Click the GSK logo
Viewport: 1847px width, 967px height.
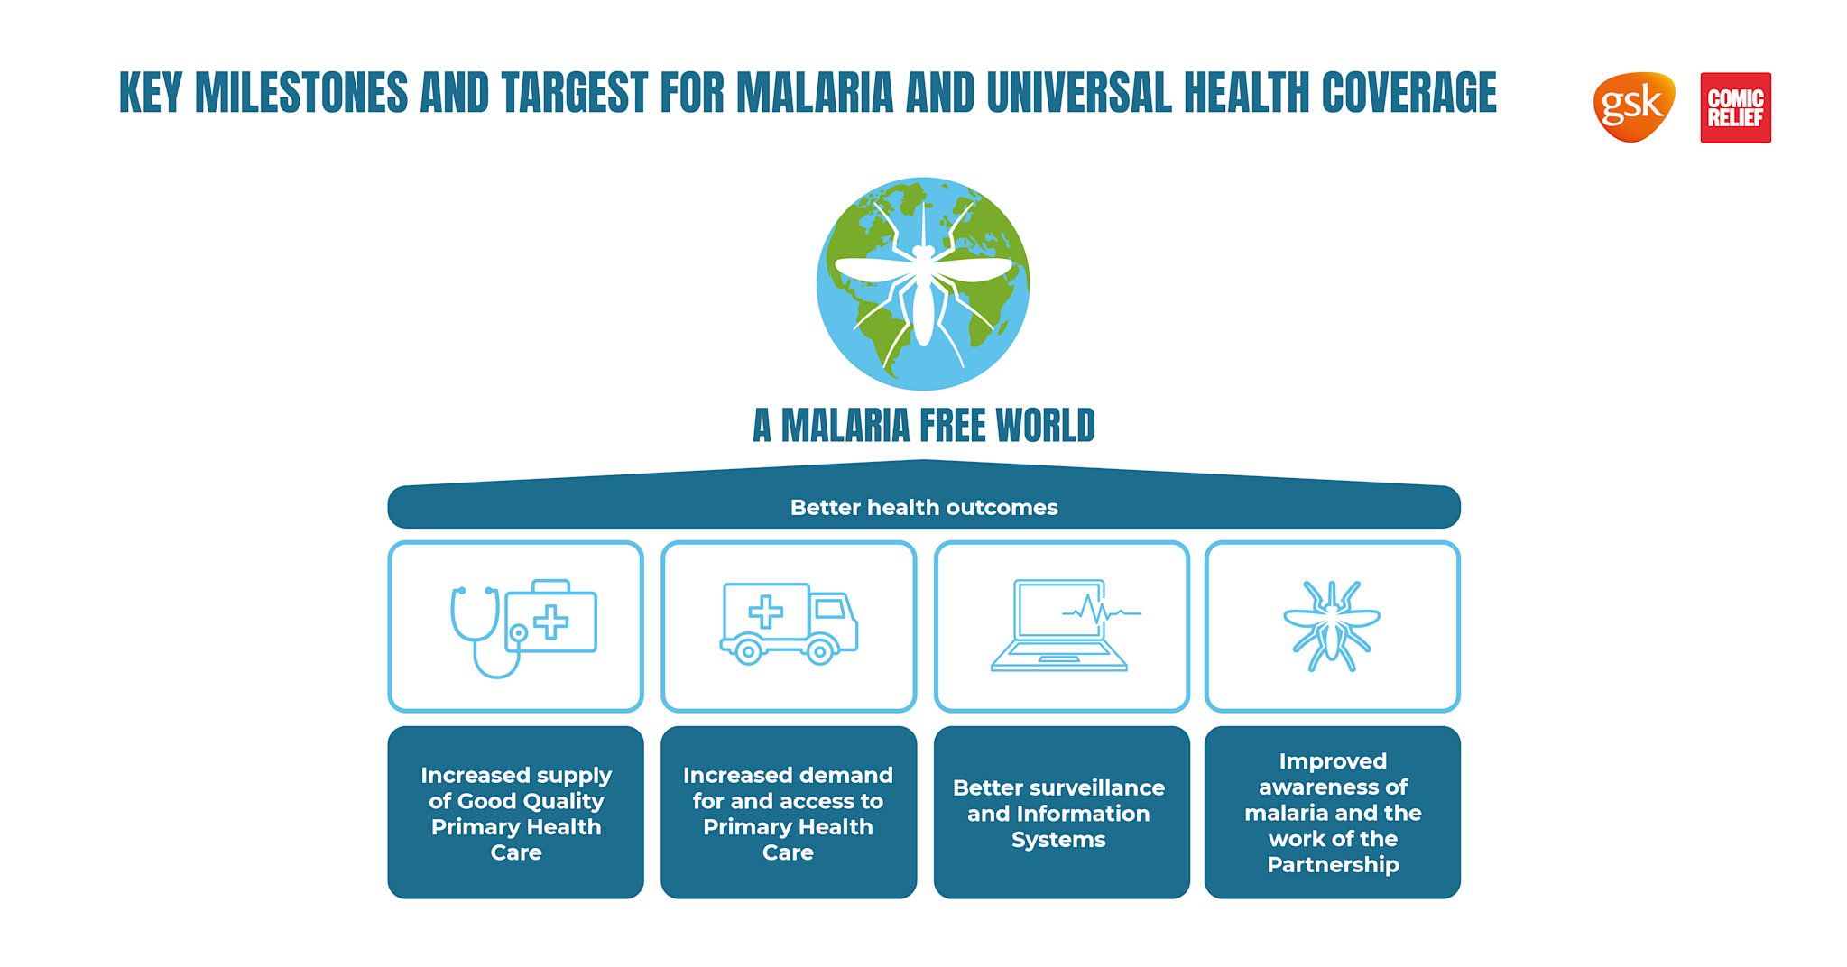click(x=1633, y=106)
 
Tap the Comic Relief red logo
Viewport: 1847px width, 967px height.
click(x=1734, y=107)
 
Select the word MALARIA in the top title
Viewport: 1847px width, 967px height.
click(x=814, y=93)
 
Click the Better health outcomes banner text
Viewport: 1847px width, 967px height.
click(x=923, y=508)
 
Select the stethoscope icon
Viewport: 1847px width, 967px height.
click(x=478, y=631)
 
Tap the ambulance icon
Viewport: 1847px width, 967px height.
click(x=788, y=622)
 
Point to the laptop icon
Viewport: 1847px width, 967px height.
click(x=1059, y=626)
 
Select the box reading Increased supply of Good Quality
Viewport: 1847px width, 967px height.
click(x=515, y=812)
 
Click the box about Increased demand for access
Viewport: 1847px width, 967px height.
click(x=788, y=812)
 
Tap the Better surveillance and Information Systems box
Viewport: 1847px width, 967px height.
click(x=1060, y=812)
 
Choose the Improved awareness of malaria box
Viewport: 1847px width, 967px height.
click(x=1332, y=812)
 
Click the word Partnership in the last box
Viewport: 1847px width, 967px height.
click(x=1333, y=864)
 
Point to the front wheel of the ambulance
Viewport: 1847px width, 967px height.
click(x=819, y=651)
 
